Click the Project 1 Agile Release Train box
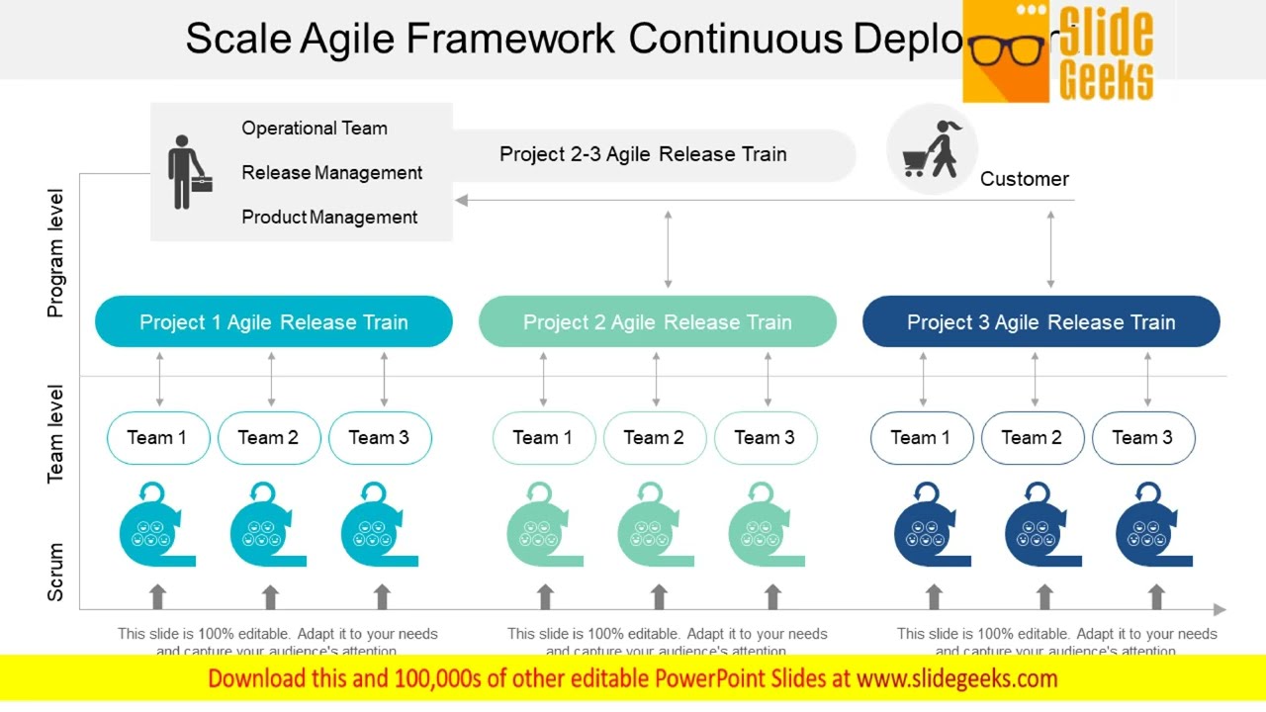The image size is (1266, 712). pyautogui.click(x=273, y=321)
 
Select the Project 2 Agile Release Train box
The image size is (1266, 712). pyautogui.click(x=657, y=321)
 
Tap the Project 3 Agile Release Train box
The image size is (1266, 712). pyautogui.click(x=1040, y=321)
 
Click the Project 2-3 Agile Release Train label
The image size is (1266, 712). pyautogui.click(x=643, y=154)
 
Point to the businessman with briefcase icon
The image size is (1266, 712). pyautogui.click(x=186, y=172)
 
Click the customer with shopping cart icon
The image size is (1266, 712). pyautogui.click(x=931, y=149)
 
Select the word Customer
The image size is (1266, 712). pyautogui.click(x=1024, y=179)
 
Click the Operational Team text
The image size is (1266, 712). pyautogui.click(x=315, y=128)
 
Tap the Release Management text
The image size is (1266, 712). pyautogui.click(x=331, y=172)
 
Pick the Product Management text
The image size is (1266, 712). pyautogui.click(x=329, y=217)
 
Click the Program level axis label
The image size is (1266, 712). pyautogui.click(x=55, y=253)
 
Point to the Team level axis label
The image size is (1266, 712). pyautogui.click(x=55, y=433)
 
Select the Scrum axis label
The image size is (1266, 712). pyautogui.click(x=55, y=572)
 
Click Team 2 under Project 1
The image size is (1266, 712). pyautogui.click(x=268, y=437)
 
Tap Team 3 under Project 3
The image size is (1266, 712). pyautogui.click(x=1142, y=437)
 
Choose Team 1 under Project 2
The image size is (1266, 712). pyautogui.click(x=543, y=437)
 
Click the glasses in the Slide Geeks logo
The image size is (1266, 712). pyautogui.click(x=1007, y=49)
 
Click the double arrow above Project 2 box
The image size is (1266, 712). pyautogui.click(x=669, y=249)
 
